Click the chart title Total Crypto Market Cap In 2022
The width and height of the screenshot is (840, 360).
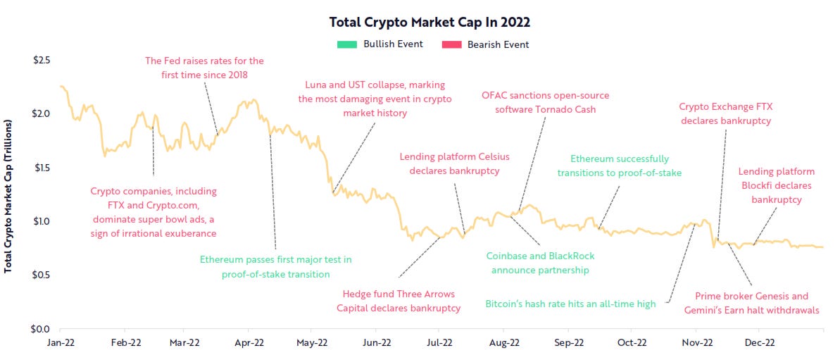(430, 22)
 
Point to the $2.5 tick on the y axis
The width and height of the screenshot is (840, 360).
(41, 60)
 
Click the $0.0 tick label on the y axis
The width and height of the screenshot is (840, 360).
(41, 328)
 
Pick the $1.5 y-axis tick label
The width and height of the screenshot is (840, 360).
(41, 168)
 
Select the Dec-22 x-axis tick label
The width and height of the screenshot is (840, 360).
(759, 343)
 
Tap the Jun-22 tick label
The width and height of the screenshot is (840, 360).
(377, 343)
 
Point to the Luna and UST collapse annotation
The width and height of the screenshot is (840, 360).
(375, 99)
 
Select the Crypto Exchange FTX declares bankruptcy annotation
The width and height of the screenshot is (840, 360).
(725, 113)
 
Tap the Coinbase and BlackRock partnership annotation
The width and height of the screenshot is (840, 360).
(540, 263)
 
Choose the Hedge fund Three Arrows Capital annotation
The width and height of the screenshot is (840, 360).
(399, 301)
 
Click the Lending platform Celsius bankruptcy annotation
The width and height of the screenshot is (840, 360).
(454, 163)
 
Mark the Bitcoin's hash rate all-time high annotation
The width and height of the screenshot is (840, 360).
(570, 304)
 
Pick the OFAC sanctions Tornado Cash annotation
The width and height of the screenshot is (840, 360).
(545, 102)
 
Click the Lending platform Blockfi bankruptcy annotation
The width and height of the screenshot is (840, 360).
(776, 185)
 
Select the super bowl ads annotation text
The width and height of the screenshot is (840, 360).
(153, 212)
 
